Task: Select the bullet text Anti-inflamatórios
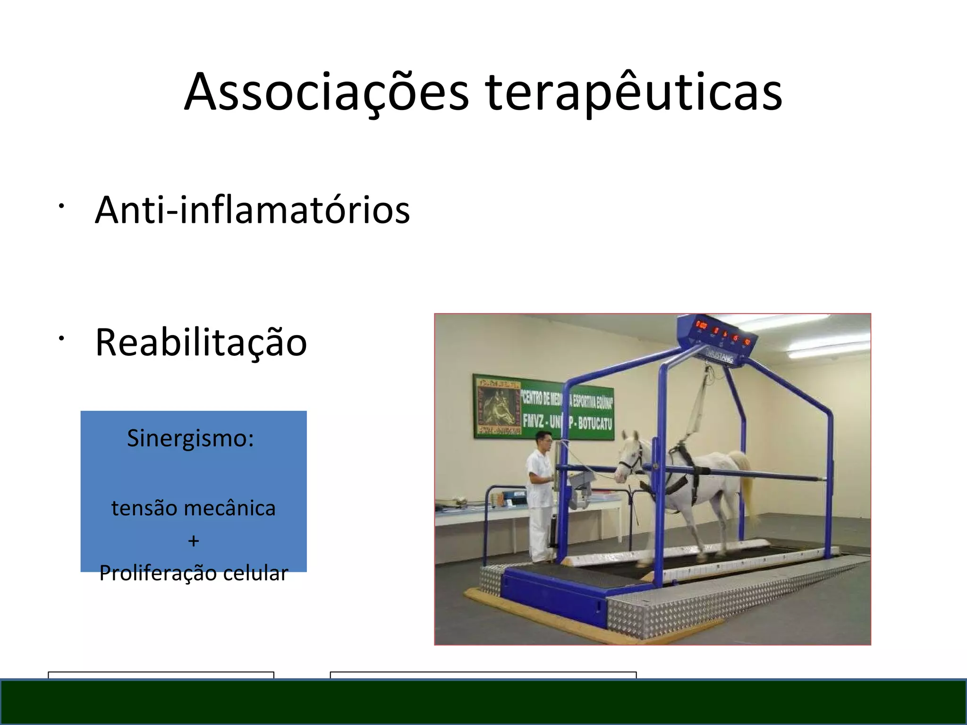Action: [x=252, y=210]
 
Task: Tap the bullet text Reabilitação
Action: [x=201, y=342]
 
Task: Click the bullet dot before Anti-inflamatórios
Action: [x=61, y=206]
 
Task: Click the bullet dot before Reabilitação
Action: [x=61, y=338]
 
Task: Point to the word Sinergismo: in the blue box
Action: [x=190, y=438]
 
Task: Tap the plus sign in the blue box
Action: [x=193, y=541]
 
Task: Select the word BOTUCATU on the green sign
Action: [x=594, y=422]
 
